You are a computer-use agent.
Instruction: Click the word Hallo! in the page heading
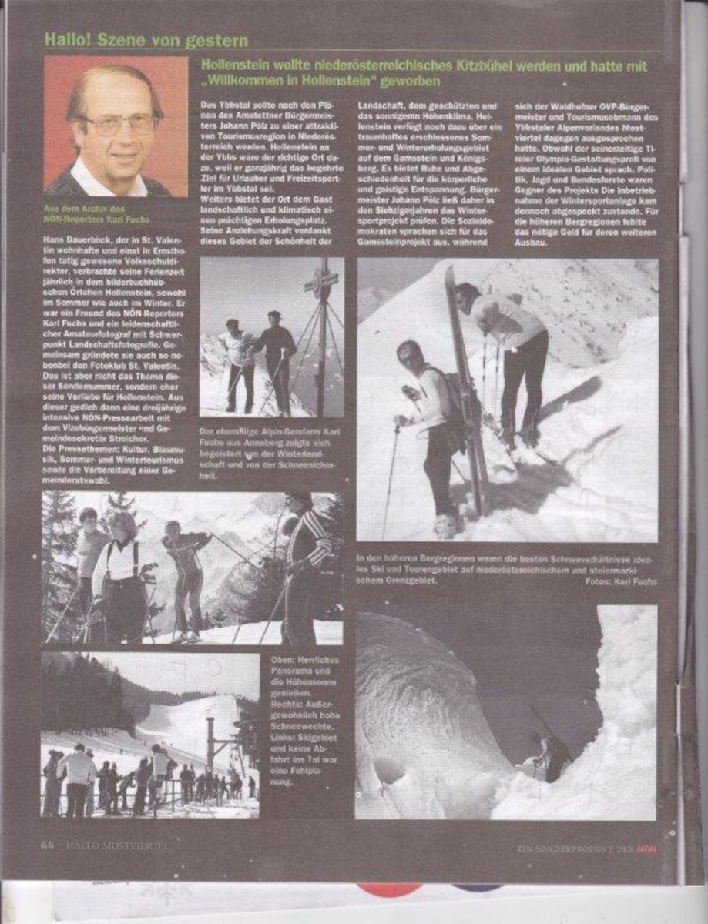pos(69,40)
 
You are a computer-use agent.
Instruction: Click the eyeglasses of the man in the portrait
pos(118,123)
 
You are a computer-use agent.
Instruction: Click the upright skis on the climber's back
pos(465,385)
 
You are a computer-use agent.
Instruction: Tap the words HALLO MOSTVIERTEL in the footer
pos(116,845)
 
